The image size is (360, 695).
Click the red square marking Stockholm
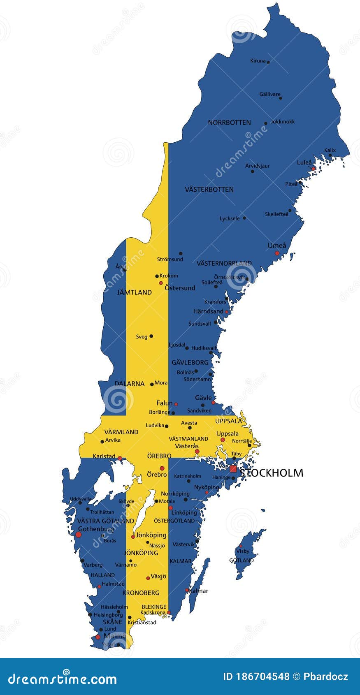pyautogui.click(x=233, y=469)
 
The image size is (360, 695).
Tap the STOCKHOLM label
pyautogui.click(x=272, y=473)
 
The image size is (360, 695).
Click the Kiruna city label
pyautogui.click(x=258, y=61)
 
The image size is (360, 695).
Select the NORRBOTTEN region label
pyautogui.click(x=229, y=123)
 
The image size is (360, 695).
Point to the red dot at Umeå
pyautogui.click(x=277, y=253)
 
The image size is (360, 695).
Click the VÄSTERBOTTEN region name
pyautogui.click(x=209, y=190)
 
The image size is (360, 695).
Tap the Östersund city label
pyautogui.click(x=180, y=288)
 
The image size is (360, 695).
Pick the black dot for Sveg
pyautogui.click(x=151, y=336)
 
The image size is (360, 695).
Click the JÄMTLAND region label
pyautogui.click(x=134, y=292)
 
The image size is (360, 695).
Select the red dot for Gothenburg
pyautogui.click(x=78, y=534)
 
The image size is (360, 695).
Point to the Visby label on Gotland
pyautogui.click(x=243, y=551)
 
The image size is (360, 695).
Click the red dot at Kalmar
pyautogui.click(x=187, y=590)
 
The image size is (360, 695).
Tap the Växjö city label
pyautogui.click(x=158, y=577)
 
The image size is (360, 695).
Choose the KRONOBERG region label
pyautogui.click(x=141, y=593)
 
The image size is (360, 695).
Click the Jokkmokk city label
pyautogui.click(x=283, y=122)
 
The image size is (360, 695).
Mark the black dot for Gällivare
pyautogui.click(x=281, y=98)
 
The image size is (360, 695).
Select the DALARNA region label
pyautogui.click(x=130, y=384)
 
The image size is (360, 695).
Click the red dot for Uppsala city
pyautogui.click(x=223, y=440)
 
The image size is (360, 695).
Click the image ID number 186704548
pyautogui.click(x=256, y=676)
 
